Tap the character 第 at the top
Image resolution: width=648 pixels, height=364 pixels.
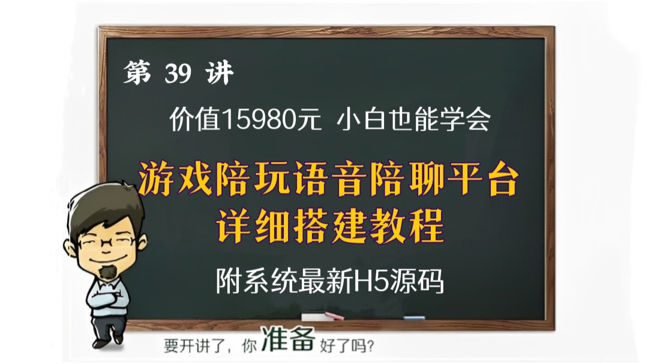tap(137, 74)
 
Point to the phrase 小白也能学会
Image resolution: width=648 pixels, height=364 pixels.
tap(413, 121)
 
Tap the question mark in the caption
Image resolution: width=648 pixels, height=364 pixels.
tap(373, 347)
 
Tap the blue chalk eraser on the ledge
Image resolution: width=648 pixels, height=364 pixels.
tap(414, 318)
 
